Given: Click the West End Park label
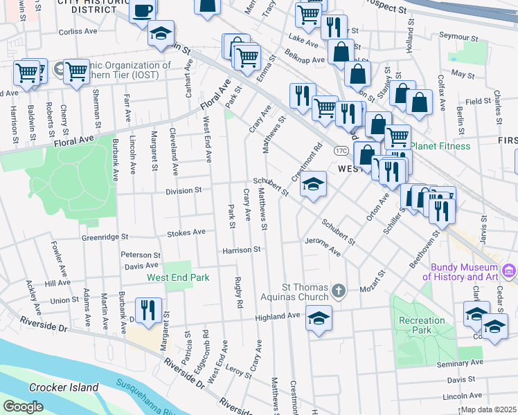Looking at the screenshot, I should coord(177,278).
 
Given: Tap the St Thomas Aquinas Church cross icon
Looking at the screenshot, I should coord(339,290).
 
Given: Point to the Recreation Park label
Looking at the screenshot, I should coord(422,325).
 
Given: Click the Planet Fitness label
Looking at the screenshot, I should coord(440,147).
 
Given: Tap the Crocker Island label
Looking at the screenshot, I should coord(64,387).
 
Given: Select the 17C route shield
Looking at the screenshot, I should coord(341,150).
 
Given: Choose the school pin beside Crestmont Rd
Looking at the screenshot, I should coord(313,184).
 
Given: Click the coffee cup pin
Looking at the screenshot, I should coord(143,12).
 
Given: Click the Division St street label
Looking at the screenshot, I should coord(184,190).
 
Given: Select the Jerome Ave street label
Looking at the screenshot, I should coord(323,248).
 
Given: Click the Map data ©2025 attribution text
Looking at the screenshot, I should coord(489,409).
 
